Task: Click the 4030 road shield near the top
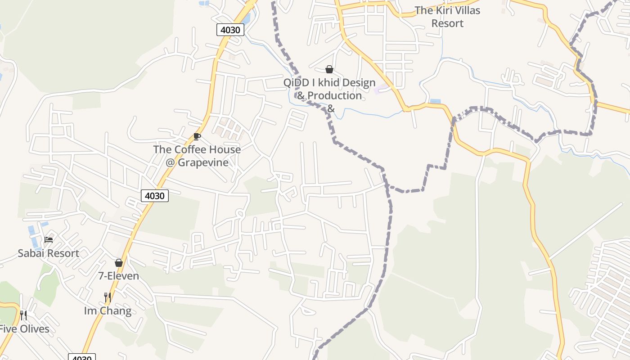[230, 30]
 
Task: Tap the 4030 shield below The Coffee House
[155, 196]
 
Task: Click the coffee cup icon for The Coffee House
[197, 136]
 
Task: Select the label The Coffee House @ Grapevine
[197, 156]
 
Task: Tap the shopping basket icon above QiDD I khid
[329, 69]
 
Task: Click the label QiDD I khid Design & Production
[329, 90]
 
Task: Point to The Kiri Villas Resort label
[447, 17]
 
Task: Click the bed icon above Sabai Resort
[49, 239]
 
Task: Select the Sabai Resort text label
[49, 253]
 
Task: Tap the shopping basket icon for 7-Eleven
[119, 263]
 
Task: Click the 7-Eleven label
[119, 276]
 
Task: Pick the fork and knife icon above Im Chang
[108, 297]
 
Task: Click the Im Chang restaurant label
[108, 311]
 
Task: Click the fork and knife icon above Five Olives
[23, 315]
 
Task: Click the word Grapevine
[203, 162]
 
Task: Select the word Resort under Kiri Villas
[447, 23]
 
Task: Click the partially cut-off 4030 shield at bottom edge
[82, 357]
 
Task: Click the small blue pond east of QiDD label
[435, 101]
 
